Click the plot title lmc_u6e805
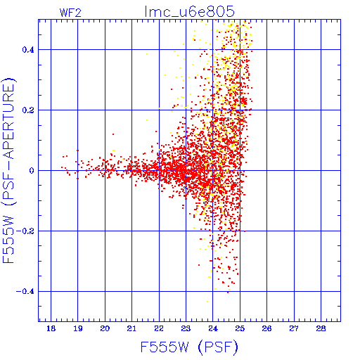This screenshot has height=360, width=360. click(189, 11)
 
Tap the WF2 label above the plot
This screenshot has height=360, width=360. click(70, 13)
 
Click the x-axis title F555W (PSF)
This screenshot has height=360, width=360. click(189, 347)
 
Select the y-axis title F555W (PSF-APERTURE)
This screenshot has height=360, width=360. click(8, 170)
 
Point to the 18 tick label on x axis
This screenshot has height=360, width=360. click(51, 328)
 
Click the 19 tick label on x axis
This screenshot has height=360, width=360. click(78, 328)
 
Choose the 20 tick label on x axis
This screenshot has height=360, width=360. click(105, 328)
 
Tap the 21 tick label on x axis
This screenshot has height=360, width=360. click(131, 328)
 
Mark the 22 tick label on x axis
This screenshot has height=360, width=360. click(159, 328)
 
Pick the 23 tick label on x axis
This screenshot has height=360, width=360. click(186, 328)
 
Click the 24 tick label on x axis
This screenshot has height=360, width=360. click(213, 328)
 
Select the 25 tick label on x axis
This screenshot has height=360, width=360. click(240, 328)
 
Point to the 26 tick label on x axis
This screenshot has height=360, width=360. click(266, 328)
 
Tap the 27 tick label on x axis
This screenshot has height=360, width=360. click(294, 328)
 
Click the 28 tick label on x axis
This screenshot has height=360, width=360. click(321, 328)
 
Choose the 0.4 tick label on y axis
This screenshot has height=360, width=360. click(28, 50)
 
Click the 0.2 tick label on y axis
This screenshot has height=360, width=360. click(28, 110)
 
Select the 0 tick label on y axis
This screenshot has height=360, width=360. click(32, 171)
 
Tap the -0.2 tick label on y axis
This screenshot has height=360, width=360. click(25, 231)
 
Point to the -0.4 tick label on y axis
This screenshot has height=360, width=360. click(25, 292)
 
